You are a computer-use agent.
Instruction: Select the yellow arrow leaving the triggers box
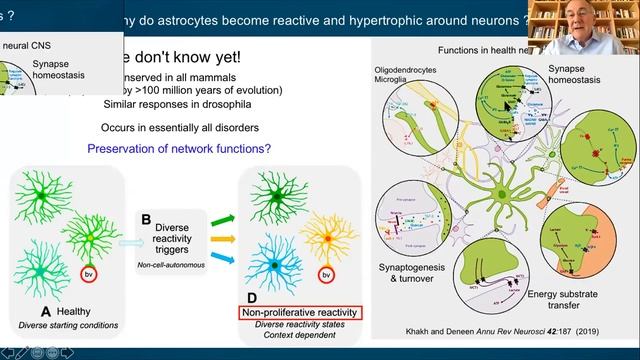(x=222, y=239)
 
